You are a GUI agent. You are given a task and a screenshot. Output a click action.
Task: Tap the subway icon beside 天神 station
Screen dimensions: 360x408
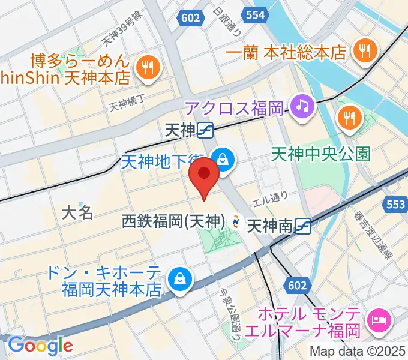point(206,129)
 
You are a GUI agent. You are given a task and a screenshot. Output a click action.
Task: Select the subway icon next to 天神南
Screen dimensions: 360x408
point(304,226)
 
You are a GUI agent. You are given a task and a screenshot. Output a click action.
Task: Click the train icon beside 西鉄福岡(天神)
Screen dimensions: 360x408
point(236,223)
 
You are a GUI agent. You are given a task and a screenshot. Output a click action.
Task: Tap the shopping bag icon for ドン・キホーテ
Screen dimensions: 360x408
point(178,278)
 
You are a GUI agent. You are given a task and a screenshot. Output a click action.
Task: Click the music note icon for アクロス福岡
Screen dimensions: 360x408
point(303,107)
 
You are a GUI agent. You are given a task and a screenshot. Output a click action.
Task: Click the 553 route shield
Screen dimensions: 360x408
point(395,205)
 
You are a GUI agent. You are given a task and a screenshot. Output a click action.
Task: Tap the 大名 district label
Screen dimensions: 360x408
point(79,212)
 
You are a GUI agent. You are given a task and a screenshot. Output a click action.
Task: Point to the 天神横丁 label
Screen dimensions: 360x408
point(128,106)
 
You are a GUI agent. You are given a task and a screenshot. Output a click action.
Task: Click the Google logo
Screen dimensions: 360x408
point(40,346)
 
